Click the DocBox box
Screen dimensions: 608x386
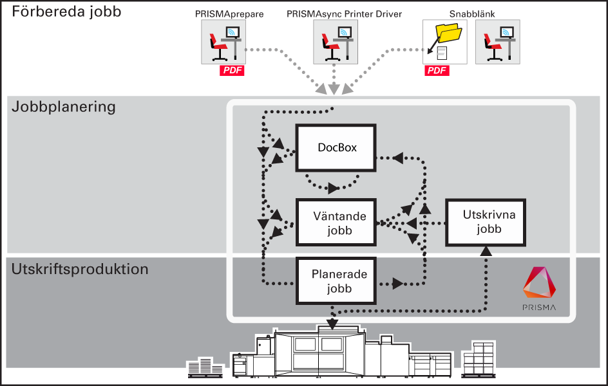336,147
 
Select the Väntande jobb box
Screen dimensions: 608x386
336,222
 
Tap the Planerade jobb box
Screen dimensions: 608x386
336,280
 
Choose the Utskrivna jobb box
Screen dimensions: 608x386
486,222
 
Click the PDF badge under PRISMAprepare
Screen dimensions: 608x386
232,71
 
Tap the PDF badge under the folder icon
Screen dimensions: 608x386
437,71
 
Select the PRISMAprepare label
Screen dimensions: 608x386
229,14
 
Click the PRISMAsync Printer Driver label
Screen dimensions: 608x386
345,14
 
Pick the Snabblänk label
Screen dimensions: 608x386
472,14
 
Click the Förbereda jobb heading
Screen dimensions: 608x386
66,12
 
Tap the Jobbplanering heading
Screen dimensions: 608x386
64,107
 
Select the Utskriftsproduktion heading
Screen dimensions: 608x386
80,269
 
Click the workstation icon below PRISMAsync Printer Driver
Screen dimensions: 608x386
336,42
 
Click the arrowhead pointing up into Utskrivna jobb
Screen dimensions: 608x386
486,251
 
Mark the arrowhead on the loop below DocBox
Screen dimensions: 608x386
333,188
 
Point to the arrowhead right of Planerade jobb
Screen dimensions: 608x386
397,284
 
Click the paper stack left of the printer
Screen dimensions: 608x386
205,367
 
